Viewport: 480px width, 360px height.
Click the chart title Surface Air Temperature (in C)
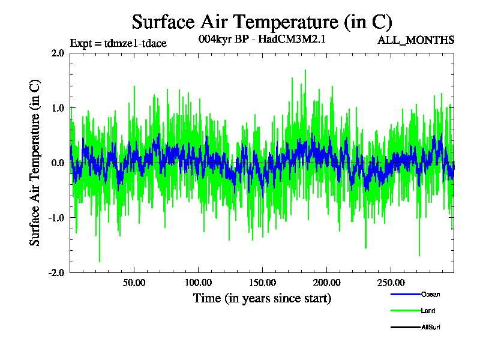pos(262,22)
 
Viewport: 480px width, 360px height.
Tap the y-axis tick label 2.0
pos(58,53)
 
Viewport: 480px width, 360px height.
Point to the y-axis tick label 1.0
pos(58,108)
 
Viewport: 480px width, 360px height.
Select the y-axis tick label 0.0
pos(58,163)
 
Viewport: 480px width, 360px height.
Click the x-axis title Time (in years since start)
pos(262,298)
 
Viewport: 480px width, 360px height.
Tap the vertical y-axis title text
pos(35,163)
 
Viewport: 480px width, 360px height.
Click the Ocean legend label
pos(431,294)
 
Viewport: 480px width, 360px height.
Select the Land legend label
pos(428,311)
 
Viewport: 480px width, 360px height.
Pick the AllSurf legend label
pos(431,328)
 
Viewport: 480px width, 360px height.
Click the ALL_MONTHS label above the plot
pos(416,40)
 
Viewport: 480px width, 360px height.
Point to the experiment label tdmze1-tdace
pos(118,43)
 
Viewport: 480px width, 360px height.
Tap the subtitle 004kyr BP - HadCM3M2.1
pos(262,40)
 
